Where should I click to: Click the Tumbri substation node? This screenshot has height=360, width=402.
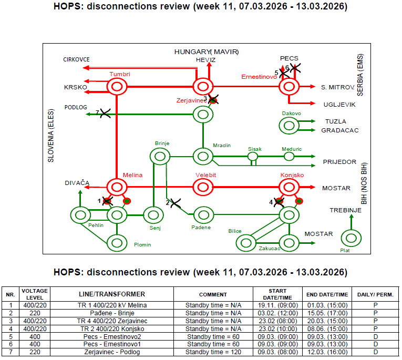[117, 86]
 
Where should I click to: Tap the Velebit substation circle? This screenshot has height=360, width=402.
[203, 187]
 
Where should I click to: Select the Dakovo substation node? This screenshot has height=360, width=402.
[289, 126]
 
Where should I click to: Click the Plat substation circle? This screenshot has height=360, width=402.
[351, 238]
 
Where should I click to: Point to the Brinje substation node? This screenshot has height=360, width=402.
[160, 157]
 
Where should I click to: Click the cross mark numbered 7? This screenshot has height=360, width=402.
[105, 113]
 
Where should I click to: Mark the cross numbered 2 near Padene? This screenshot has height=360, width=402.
[176, 203]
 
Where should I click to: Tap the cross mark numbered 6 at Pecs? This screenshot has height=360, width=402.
[295, 68]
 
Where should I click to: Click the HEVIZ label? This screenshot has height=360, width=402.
[205, 60]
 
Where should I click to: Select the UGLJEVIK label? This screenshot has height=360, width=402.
[339, 105]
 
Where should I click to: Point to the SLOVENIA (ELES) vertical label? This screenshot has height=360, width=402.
[51, 136]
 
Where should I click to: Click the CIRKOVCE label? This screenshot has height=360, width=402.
[76, 59]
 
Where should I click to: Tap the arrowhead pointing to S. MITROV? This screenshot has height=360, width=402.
[313, 86]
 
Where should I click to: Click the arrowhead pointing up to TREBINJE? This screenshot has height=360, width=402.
[352, 217]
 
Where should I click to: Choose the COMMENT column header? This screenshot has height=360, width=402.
[213, 295]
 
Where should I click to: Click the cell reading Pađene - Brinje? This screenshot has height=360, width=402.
[112, 313]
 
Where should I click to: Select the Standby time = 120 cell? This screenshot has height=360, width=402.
[213, 352]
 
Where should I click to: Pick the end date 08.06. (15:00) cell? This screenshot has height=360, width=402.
[327, 328]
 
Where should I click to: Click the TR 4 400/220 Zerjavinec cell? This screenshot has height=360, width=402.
[112, 321]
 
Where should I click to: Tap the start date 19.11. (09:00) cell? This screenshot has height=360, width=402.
[278, 305]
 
